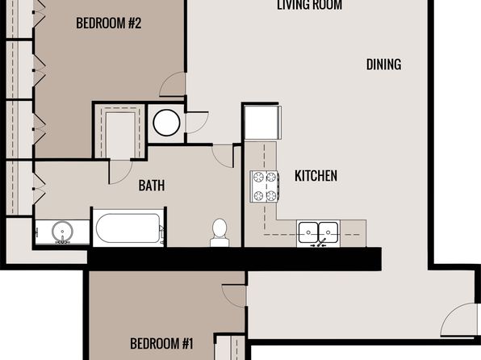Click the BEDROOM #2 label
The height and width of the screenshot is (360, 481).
click(109, 23)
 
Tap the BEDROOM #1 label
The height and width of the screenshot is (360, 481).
click(161, 343)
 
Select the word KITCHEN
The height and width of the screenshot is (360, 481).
click(316, 176)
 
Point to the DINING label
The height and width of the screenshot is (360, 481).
click(384, 65)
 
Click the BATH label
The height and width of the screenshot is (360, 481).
click(152, 186)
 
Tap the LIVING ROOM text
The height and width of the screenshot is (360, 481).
click(310, 5)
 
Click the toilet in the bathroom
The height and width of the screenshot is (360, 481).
click(220, 232)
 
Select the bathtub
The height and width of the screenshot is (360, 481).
click(128, 228)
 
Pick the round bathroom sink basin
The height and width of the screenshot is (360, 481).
click(62, 232)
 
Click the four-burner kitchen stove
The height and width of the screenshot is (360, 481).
click(264, 186)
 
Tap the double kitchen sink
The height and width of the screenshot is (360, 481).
click(318, 232)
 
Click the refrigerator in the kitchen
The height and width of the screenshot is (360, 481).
click(263, 122)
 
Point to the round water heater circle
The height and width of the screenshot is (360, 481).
click(166, 123)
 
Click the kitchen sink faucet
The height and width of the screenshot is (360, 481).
click(319, 244)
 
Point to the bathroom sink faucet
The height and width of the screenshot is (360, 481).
click(62, 241)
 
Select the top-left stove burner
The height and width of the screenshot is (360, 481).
click(258, 177)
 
